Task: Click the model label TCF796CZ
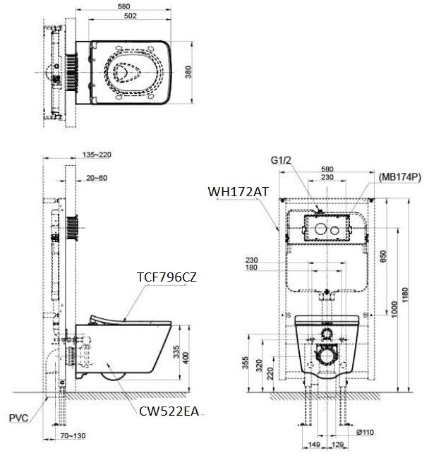(x=167, y=277)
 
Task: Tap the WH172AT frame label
(x=237, y=191)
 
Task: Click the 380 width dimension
(x=188, y=73)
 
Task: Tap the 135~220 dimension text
(x=97, y=154)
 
